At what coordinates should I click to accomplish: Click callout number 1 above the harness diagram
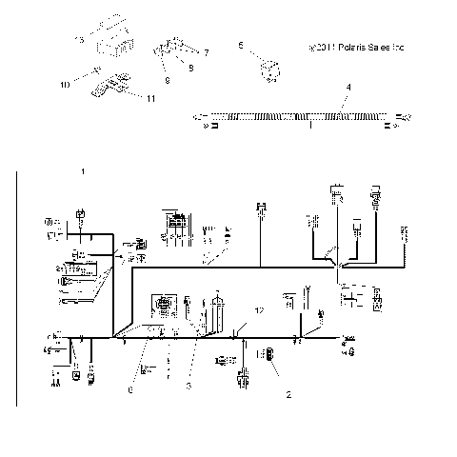84,171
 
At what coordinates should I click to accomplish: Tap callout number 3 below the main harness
189,385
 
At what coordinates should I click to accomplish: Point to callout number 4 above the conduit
348,87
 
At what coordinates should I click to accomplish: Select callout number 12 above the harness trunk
257,310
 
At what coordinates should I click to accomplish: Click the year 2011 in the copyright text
322,45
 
